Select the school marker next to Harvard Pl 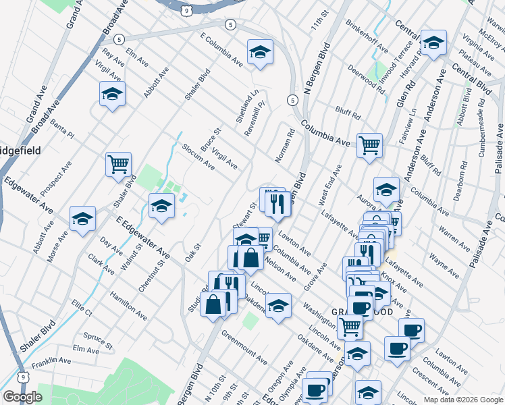[x=433, y=43]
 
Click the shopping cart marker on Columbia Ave [x=369, y=144]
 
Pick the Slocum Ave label [x=198, y=157]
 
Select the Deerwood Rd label [x=366, y=76]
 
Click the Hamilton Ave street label [x=128, y=307]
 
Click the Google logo [x=23, y=397]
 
